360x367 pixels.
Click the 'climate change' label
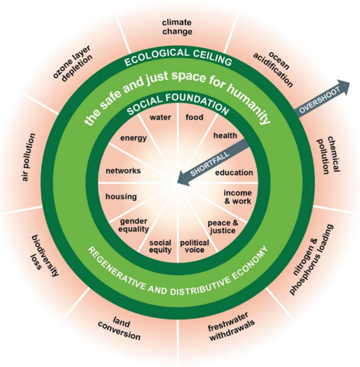click(x=177, y=27)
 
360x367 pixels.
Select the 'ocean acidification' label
click(x=273, y=69)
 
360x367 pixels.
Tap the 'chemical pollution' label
click(x=327, y=155)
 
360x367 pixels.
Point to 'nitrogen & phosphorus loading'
click(x=311, y=259)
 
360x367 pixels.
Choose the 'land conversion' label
click(x=120, y=328)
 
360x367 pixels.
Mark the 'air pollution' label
click(x=29, y=157)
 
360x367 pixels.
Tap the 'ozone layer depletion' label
click(x=73, y=64)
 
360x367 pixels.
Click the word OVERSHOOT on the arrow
click(x=320, y=100)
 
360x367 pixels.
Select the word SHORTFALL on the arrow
click(x=210, y=164)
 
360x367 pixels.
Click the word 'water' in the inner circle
click(x=160, y=117)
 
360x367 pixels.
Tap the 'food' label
click(x=195, y=117)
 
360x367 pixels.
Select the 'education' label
click(x=234, y=173)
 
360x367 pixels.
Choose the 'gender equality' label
click(x=133, y=225)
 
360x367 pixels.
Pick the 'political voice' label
click(x=195, y=246)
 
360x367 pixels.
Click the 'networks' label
click(x=123, y=171)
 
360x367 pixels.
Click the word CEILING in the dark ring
click(x=212, y=57)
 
